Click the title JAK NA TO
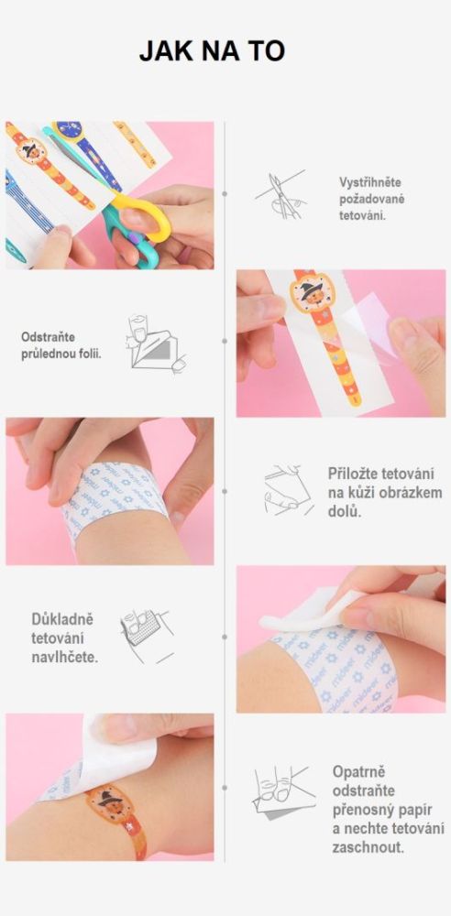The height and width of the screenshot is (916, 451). point(212,51)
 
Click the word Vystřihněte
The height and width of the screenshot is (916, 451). point(369,182)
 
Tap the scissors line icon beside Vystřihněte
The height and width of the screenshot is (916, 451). point(280,194)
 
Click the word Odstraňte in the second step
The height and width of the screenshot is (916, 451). point(48,337)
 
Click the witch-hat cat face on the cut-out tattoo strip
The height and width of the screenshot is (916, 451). point(313,291)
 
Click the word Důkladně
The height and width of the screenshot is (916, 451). point(62,618)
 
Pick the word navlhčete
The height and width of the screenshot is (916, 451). point(65,657)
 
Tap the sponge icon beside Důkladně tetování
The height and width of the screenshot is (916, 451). point(147,636)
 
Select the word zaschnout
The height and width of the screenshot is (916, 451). point(368,847)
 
